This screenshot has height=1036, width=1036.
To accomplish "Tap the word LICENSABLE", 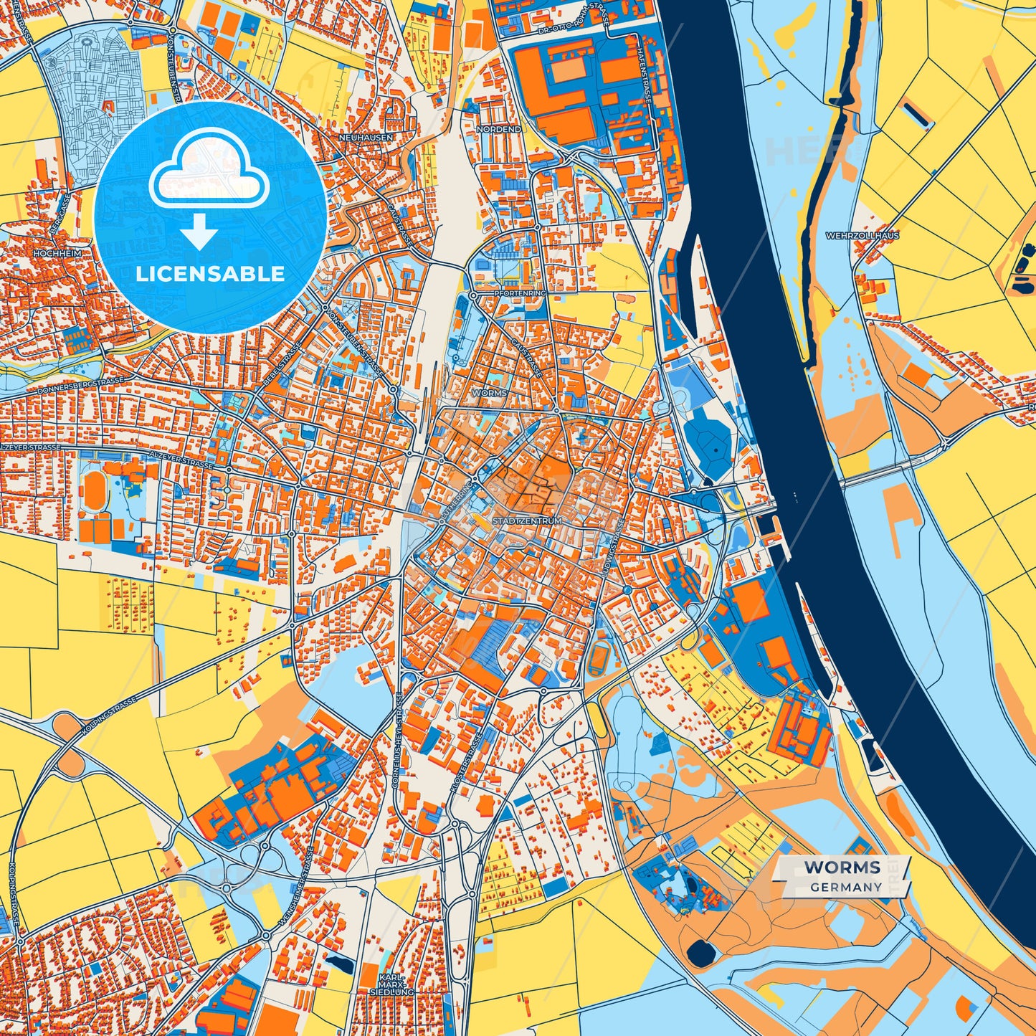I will (211, 274).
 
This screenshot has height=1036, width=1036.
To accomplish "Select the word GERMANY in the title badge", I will (846, 887).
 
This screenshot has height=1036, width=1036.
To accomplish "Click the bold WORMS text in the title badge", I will (842, 868).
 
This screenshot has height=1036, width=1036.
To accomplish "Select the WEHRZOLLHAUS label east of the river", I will (862, 235).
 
